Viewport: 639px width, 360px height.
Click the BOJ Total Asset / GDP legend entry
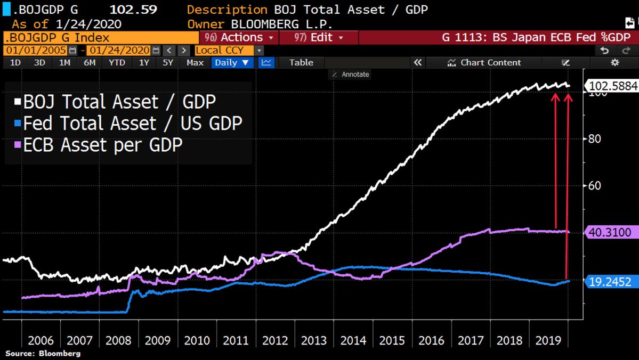point(115,102)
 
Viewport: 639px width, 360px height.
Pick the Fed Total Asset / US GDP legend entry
point(128,124)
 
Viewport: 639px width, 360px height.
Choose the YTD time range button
point(117,62)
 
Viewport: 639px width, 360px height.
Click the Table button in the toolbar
point(301,62)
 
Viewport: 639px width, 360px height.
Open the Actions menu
point(239,38)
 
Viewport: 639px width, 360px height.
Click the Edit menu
point(319,38)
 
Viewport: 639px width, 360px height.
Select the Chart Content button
point(485,62)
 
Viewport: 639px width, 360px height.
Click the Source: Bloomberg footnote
point(43,354)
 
